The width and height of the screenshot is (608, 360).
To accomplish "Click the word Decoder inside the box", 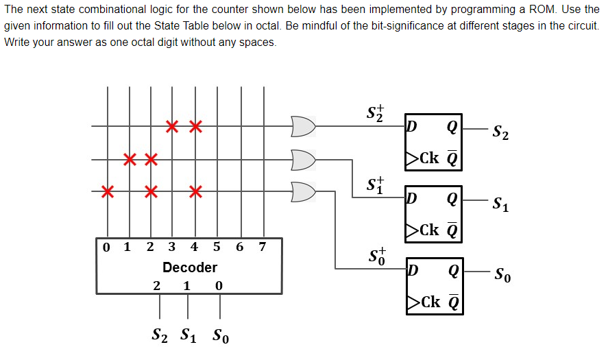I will pos(190,267).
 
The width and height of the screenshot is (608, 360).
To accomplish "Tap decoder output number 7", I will pos(263,247).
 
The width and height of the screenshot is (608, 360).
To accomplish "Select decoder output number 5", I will pos(217,247).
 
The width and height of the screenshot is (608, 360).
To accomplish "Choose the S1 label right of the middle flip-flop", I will pos(500,204).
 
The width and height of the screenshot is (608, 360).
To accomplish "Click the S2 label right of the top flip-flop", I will pos(500,132).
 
